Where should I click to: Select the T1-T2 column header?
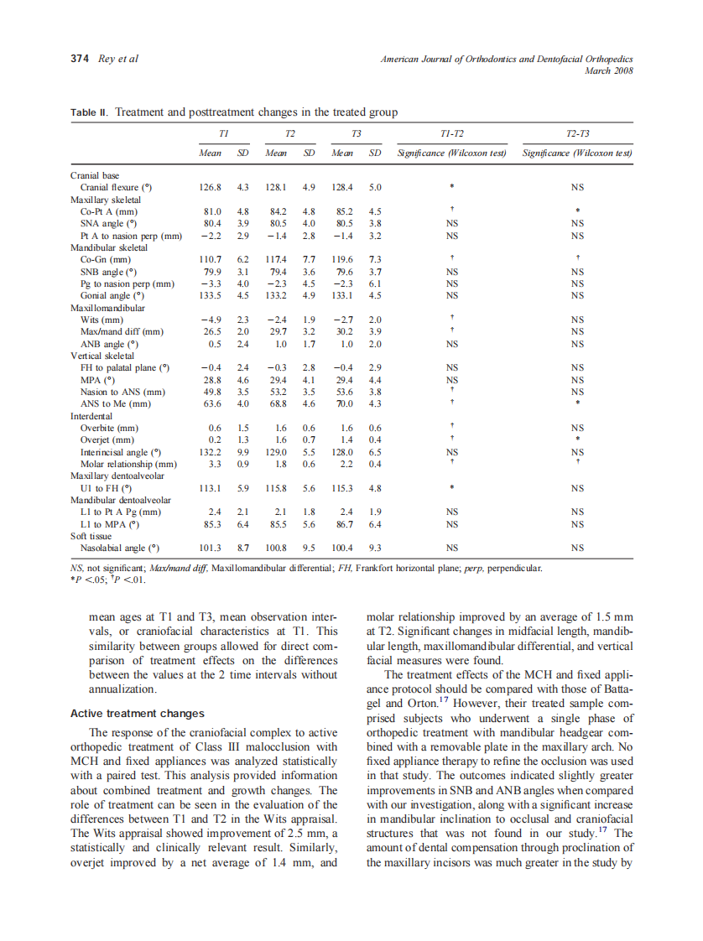[452, 134]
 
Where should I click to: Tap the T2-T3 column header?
[576, 134]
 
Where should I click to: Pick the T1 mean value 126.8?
[211, 188]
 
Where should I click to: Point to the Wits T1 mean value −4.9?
[211, 320]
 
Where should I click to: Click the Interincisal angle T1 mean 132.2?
[211, 452]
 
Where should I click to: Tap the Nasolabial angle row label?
[119, 549]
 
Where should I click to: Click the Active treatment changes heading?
[137, 714]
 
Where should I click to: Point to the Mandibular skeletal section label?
[109, 248]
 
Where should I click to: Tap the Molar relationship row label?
[128, 465]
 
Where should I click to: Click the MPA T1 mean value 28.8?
[211, 380]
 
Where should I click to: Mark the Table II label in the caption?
[88, 112]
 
